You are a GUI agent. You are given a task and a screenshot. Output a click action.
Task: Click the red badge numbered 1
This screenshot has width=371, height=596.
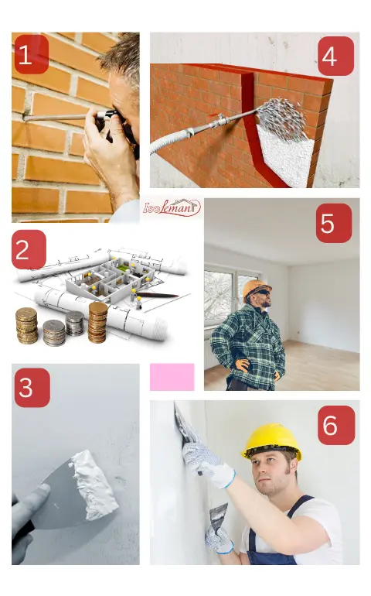click(32, 54)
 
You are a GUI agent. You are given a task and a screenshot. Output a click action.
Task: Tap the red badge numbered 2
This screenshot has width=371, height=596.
click(29, 249)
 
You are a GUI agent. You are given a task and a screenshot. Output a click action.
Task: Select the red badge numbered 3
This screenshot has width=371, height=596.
click(32, 387)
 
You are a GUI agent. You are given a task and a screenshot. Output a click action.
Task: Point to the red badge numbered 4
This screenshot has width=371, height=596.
click(335, 56)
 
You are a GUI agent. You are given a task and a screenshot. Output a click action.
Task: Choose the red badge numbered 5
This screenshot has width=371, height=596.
click(334, 223)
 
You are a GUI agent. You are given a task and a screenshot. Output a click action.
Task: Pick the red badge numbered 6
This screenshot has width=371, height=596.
click(336, 425)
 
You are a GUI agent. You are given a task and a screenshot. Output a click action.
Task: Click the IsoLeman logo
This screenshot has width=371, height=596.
click(172, 207)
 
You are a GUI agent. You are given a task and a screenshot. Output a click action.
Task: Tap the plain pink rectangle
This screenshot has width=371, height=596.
click(172, 377)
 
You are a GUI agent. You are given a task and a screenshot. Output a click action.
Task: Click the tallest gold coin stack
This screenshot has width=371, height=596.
click(97, 322)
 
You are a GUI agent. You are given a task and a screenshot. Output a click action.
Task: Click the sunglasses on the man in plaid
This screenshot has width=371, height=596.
click(262, 292)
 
